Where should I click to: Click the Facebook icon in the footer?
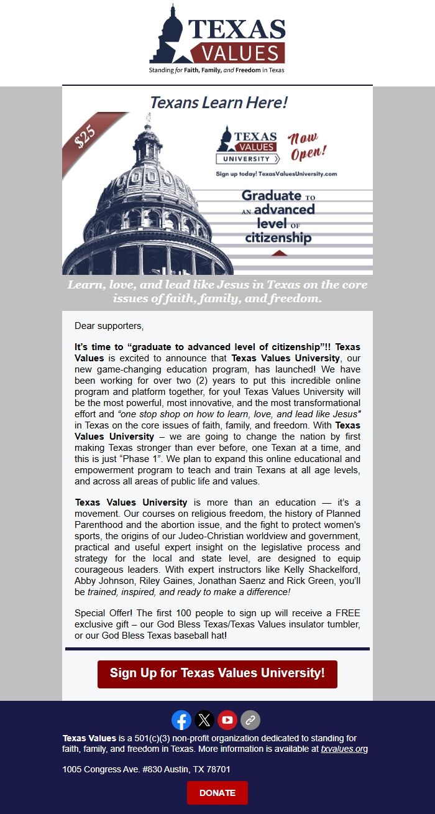(x=181, y=720)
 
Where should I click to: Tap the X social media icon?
(x=204, y=720)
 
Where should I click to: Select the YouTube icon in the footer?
(x=227, y=720)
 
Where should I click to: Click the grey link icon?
(x=250, y=720)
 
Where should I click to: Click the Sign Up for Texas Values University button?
(x=217, y=673)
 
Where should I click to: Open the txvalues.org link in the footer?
(x=344, y=749)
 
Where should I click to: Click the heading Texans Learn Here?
(x=219, y=103)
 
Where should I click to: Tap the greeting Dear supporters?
(x=109, y=326)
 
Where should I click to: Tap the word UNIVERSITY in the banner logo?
(x=247, y=159)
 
